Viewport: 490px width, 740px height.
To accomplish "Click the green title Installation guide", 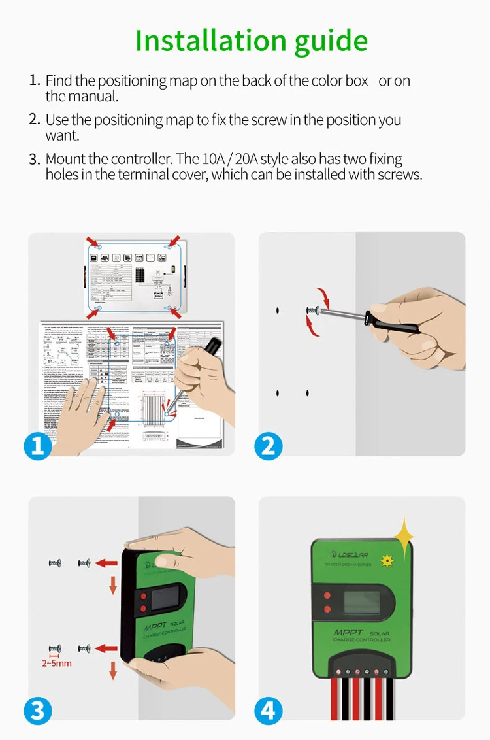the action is point(252,41).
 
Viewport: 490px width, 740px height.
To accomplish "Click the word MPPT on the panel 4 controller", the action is point(348,633).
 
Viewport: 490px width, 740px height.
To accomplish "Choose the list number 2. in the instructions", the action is point(35,120).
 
